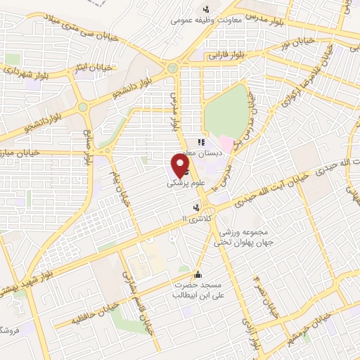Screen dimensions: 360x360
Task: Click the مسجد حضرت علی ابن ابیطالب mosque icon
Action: (x=198, y=275)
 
